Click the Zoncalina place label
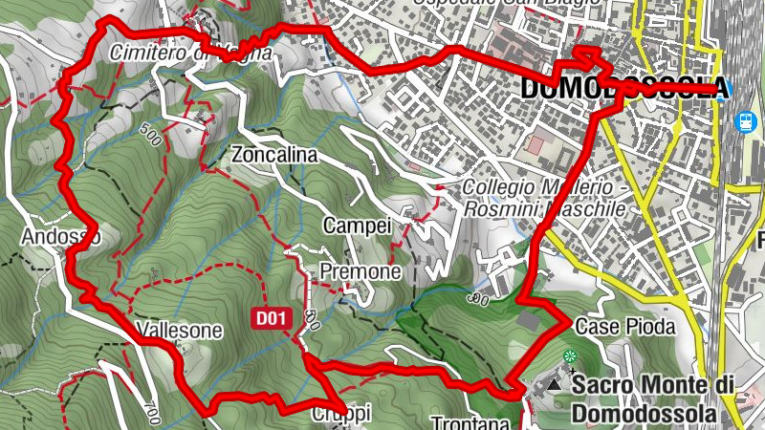tap(273, 154)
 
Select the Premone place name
tap(361, 271)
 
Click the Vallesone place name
tap(180, 331)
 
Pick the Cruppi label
tap(340, 415)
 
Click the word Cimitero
tap(150, 53)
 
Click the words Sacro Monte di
tap(653, 385)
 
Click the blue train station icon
tap(745, 122)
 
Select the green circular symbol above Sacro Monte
tap(571, 357)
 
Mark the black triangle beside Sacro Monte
tap(556, 385)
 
